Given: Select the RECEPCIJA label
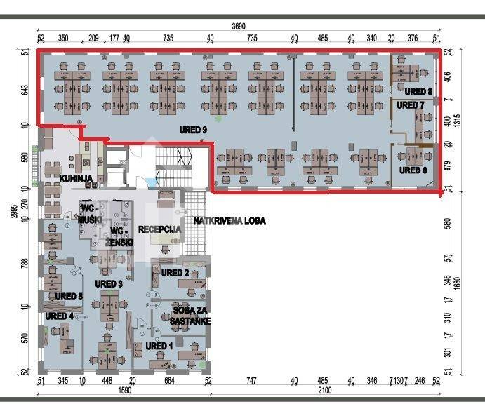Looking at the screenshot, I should pos(160,229).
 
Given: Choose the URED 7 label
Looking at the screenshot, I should pos(411,105).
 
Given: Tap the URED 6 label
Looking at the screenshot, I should pos(413,170).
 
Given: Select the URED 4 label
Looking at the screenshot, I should pos(59,316).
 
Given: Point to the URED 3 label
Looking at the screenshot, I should pos(109,284).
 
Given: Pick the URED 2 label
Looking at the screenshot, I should pos(175,273).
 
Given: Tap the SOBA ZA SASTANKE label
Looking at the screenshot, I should pos(190,315).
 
